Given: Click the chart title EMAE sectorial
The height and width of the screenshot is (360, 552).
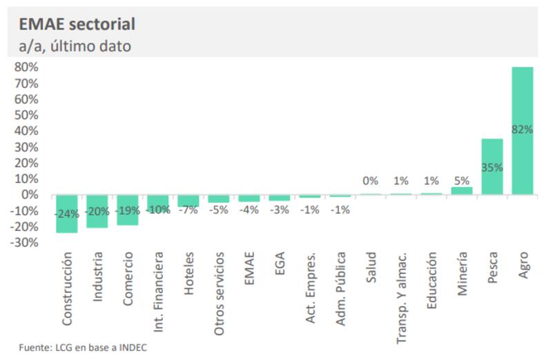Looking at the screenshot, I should (77, 24).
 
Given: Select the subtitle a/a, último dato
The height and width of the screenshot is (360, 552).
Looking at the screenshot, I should (74, 46).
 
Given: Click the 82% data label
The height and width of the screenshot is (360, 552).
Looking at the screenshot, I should (522, 129).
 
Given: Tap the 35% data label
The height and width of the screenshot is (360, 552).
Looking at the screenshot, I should (492, 168).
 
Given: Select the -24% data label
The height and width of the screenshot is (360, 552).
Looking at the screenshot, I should (66, 214).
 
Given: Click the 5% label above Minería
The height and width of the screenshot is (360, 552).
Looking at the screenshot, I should (462, 181).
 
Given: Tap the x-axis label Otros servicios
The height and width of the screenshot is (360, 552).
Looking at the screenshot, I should (219, 292).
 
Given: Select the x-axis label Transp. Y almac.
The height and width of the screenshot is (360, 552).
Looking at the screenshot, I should (401, 296).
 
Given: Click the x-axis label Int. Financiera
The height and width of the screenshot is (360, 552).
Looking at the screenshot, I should (158, 294).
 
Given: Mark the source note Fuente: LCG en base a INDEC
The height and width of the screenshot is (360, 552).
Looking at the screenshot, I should (83, 348).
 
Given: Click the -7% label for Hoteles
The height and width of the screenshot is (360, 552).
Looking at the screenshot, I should (188, 210).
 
